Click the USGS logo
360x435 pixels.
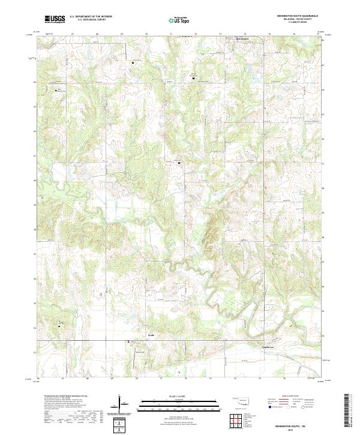click(x=55, y=19)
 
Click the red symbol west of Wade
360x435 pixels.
click(x=127, y=343)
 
